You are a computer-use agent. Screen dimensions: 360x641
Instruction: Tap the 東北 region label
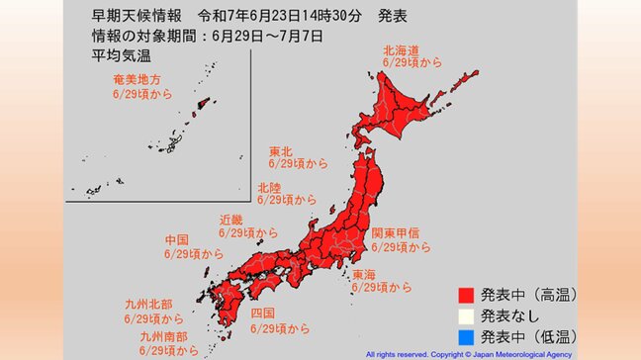(281, 152)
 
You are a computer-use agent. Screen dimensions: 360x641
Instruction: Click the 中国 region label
(177, 239)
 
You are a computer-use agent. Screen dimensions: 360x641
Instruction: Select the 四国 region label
(264, 313)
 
